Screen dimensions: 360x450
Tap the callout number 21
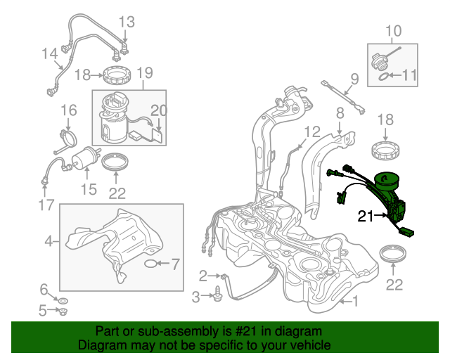366,217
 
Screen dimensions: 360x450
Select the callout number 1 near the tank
354,302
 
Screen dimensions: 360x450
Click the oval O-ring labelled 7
151,264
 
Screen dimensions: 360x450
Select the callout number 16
68,110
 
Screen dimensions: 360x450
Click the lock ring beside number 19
117,74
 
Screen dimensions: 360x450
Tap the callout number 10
394,30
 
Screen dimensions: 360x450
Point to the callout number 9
354,77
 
